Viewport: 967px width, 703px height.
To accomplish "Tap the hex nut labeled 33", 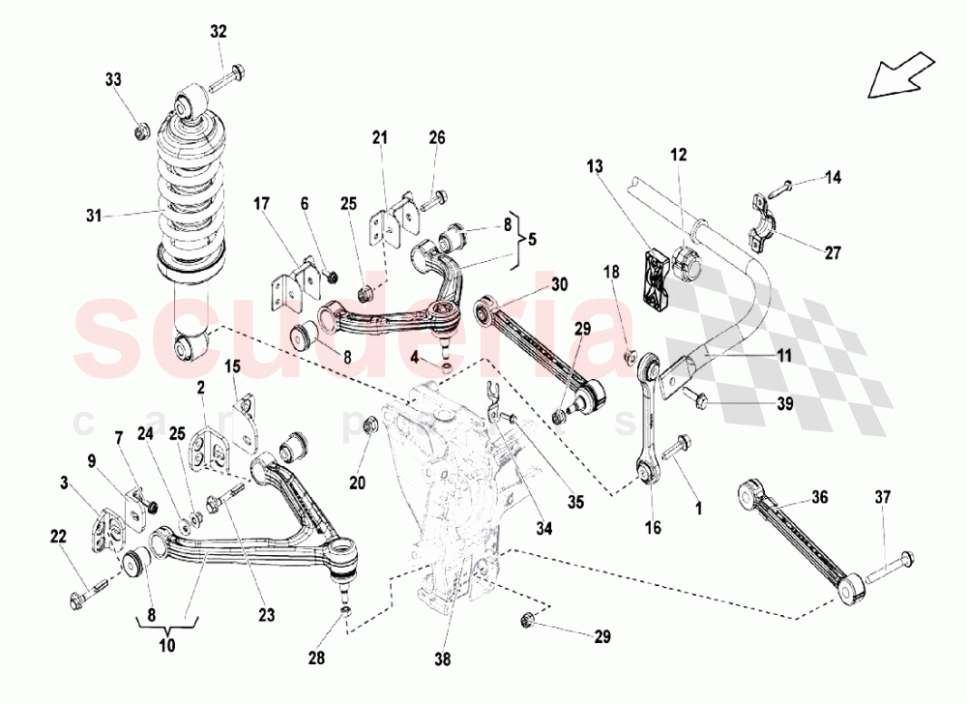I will coord(139,125).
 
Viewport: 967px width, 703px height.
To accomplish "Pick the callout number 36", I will coord(820,498).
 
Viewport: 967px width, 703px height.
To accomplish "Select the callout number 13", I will coord(593,166).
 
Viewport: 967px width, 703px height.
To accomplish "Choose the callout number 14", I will coord(834,177).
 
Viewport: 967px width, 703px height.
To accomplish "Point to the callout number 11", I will coord(783,356).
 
